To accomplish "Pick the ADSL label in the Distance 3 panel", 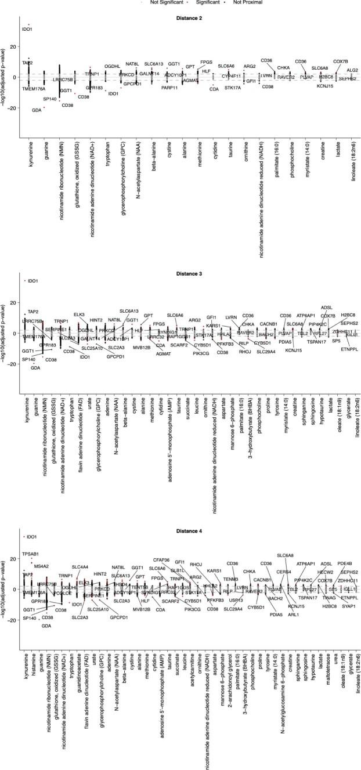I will [x=327, y=307].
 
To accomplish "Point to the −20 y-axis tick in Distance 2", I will [x=14, y=108].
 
